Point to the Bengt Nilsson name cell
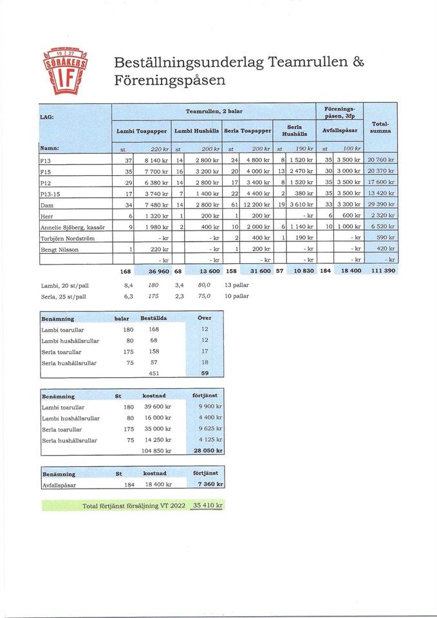click(x=59, y=250)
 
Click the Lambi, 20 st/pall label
click(x=64, y=284)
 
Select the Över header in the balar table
click(x=205, y=318)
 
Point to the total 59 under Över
click(x=205, y=372)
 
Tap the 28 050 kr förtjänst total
click(x=208, y=451)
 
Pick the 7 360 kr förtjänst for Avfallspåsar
click(x=210, y=484)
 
